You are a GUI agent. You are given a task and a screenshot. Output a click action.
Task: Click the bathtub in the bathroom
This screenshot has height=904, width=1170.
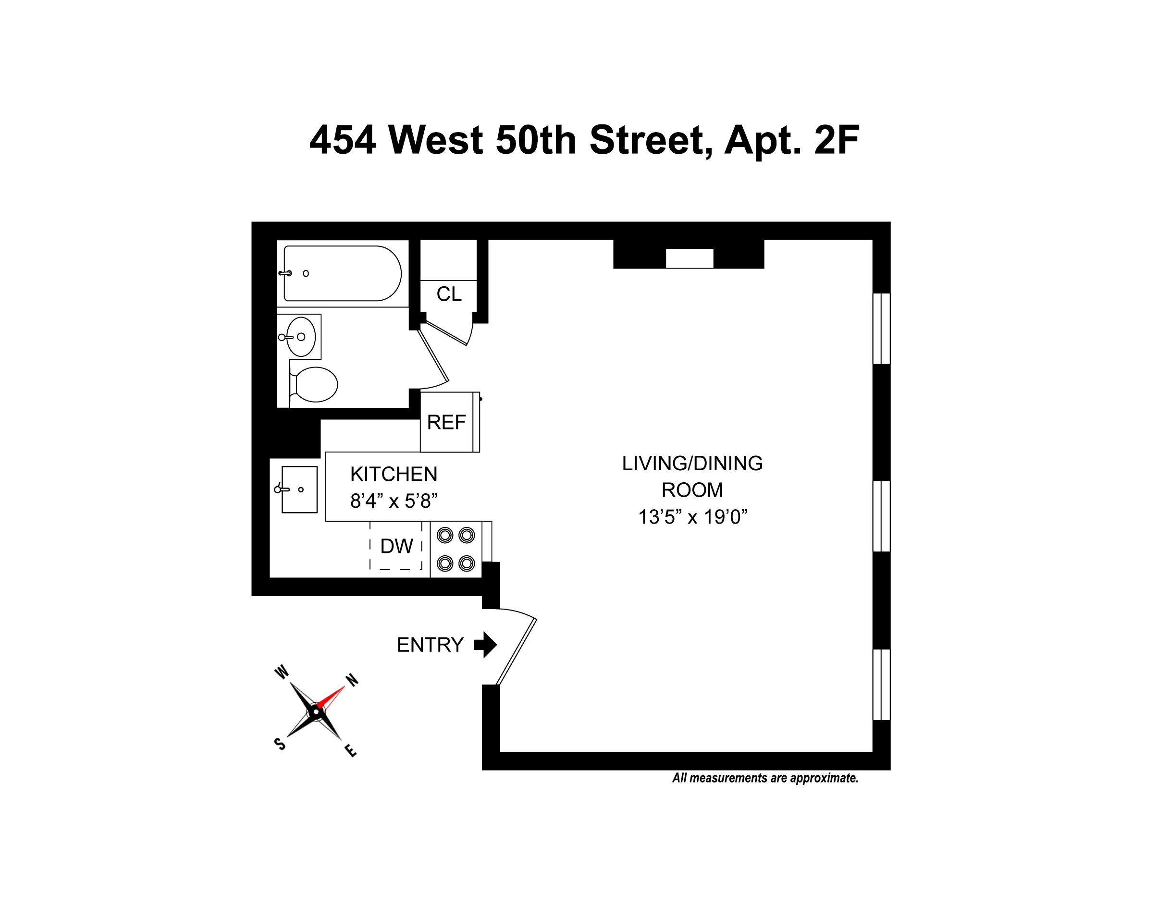(343, 273)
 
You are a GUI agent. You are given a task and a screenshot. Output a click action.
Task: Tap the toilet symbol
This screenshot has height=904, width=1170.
(315, 384)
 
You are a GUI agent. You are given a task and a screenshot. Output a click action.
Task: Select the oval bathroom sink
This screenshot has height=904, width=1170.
(300, 337)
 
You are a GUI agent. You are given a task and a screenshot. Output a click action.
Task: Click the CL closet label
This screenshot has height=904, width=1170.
(448, 294)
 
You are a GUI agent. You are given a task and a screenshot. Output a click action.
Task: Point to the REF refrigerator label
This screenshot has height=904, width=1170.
(446, 423)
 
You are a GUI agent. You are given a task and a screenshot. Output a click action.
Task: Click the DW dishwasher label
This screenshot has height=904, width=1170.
(396, 546)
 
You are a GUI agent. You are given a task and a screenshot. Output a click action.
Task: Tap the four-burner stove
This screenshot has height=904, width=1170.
(456, 549)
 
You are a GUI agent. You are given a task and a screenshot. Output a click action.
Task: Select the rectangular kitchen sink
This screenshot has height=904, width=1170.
(299, 489)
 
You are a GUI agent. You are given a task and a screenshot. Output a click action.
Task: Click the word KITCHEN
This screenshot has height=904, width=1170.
(394, 475)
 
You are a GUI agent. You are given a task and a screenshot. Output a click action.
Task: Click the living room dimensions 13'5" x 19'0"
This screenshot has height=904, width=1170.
(692, 517)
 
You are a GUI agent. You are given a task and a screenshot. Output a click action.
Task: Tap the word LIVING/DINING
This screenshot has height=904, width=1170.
(692, 463)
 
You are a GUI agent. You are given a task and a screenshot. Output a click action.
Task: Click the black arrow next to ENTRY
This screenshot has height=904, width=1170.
(486, 644)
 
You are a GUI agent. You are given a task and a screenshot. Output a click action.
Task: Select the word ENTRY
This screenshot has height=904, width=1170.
(430, 645)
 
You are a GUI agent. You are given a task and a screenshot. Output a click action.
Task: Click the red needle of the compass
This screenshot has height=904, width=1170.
(331, 698)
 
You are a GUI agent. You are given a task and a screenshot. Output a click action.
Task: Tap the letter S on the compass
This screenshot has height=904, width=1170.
(280, 744)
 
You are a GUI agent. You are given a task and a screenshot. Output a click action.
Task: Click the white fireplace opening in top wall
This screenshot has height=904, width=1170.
(690, 258)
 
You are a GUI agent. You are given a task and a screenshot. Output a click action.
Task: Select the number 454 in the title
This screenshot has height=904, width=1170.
(343, 140)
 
